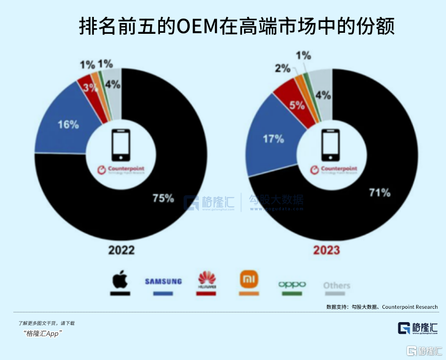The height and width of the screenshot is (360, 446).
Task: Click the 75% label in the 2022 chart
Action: pos(163,198)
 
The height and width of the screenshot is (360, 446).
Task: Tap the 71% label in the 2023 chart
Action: pos(380,193)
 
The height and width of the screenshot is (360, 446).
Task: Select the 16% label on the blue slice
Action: pos(68,124)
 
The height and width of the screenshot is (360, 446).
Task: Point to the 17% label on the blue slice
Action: pos(273,138)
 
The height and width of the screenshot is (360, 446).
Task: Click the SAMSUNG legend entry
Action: pos(163,281)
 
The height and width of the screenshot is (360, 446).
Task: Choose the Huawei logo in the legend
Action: pos(207,281)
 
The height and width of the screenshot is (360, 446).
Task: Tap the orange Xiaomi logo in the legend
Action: pos(249,280)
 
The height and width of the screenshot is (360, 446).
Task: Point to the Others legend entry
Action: pos(336,285)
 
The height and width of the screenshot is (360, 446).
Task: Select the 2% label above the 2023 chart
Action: pos(282,68)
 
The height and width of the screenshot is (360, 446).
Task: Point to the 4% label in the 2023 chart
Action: pos(323,95)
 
